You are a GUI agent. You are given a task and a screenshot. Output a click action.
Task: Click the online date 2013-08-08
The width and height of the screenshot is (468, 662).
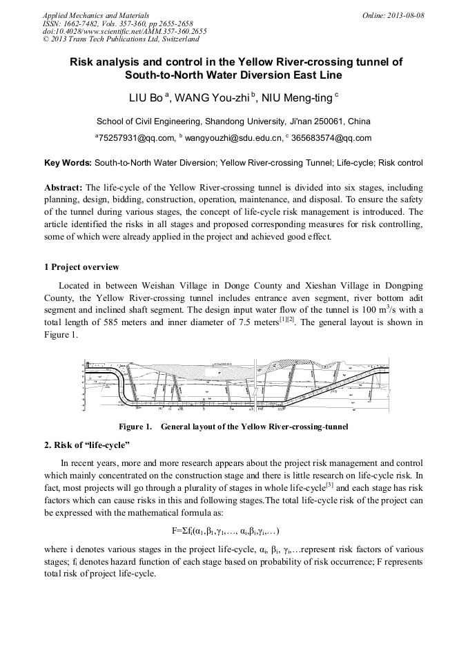[x=404, y=14]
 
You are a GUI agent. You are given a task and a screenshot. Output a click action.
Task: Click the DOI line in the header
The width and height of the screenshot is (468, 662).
[x=124, y=32]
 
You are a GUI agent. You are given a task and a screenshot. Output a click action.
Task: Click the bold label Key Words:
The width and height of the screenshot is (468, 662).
[x=68, y=164]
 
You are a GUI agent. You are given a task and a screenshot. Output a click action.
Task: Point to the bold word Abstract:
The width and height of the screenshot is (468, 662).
[x=64, y=188]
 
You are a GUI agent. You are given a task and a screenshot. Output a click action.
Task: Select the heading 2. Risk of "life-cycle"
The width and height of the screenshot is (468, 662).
[x=87, y=445]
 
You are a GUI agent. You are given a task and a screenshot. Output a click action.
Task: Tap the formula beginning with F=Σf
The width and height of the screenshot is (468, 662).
[x=225, y=531]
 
